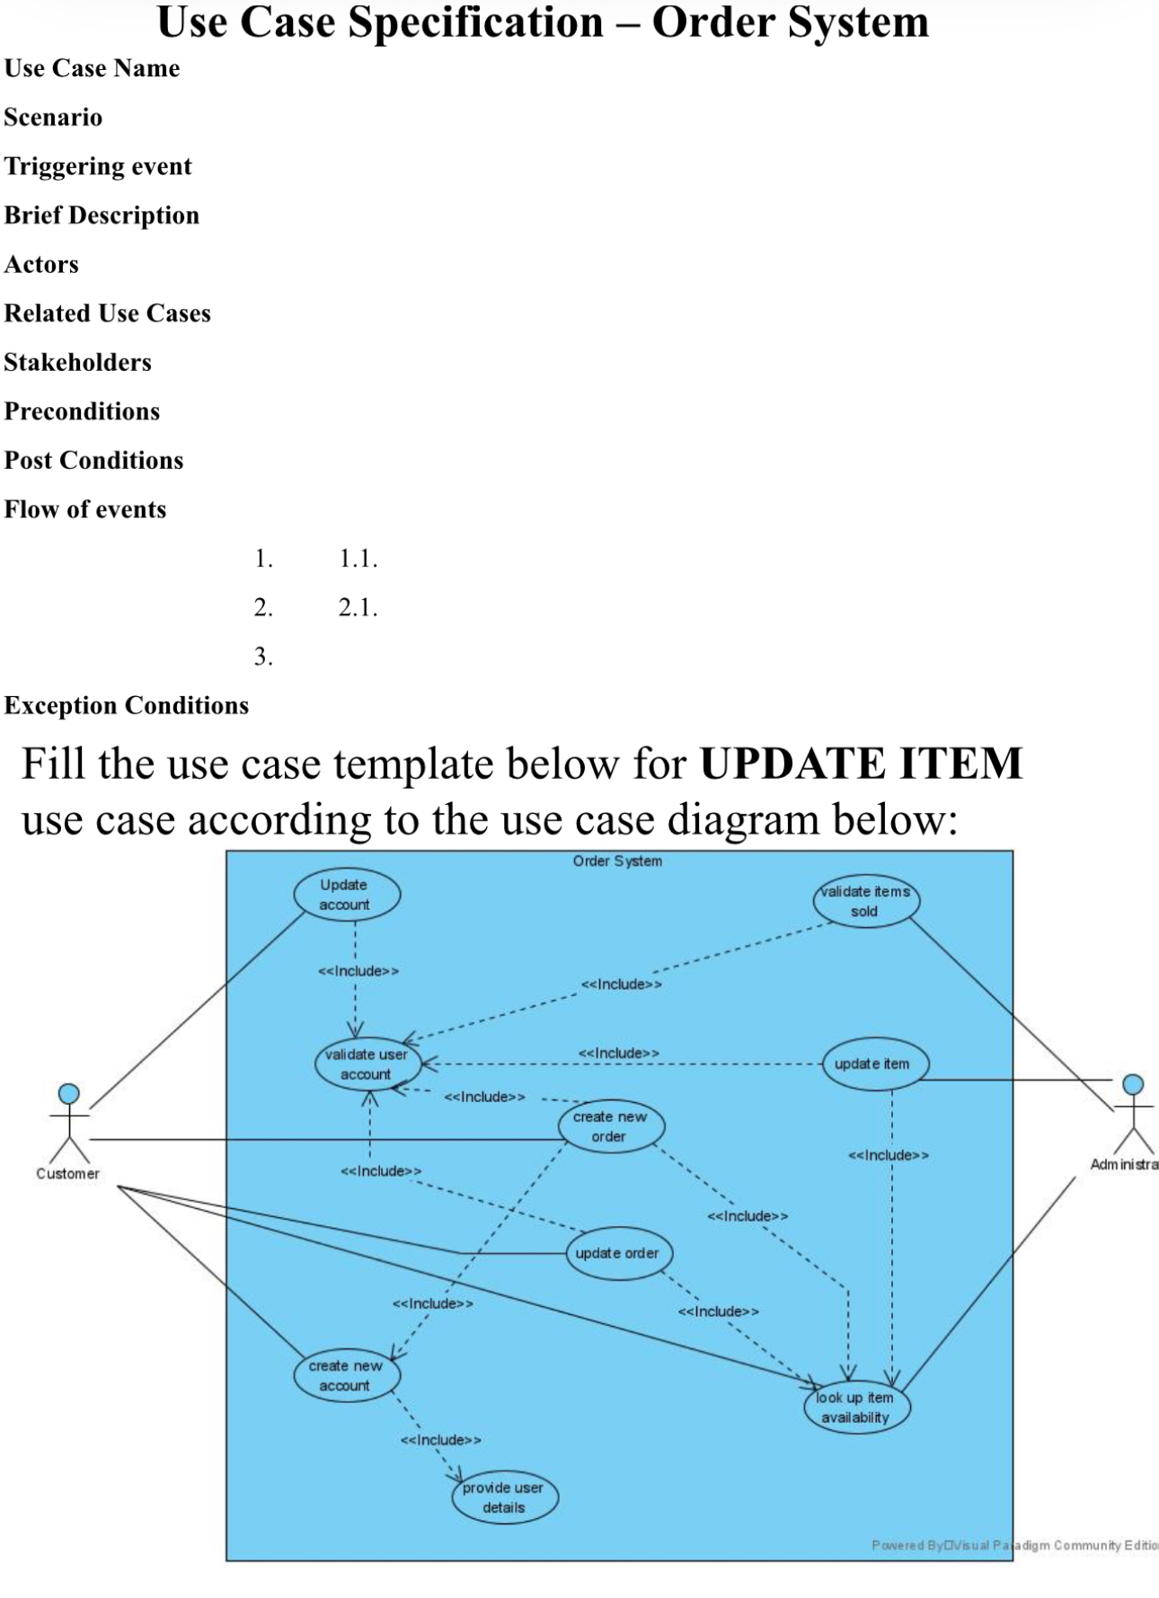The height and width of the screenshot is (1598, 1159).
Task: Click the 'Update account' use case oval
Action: pyautogui.click(x=347, y=895)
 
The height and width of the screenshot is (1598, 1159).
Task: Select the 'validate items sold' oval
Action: pyautogui.click(x=866, y=901)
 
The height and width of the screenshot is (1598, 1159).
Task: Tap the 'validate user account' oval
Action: pyautogui.click(x=367, y=1064)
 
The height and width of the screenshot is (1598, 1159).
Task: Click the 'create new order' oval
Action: pyautogui.click(x=611, y=1126)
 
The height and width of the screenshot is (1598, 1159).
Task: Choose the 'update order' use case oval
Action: pyautogui.click(x=618, y=1253)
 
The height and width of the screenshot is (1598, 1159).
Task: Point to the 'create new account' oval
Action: pyautogui.click(x=347, y=1375)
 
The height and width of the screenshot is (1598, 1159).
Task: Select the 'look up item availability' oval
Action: pyautogui.click(x=856, y=1408)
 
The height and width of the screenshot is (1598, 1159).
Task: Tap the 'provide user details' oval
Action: pyautogui.click(x=504, y=1497)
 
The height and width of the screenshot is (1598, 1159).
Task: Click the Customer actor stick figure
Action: pyautogui.click(x=69, y=1124)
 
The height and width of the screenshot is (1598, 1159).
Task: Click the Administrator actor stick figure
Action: pyautogui.click(x=1133, y=1114)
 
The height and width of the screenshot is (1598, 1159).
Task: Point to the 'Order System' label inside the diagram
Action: pyautogui.click(x=617, y=861)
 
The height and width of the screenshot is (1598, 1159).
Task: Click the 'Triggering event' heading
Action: pyautogui.click(x=98, y=167)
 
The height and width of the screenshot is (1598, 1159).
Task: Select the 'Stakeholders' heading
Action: pyautogui.click(x=78, y=363)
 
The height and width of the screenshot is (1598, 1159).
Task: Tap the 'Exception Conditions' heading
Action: pyautogui.click(x=127, y=706)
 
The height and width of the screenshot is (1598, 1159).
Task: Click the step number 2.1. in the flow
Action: pyautogui.click(x=358, y=608)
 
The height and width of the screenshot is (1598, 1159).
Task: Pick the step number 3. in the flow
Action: pyautogui.click(x=263, y=657)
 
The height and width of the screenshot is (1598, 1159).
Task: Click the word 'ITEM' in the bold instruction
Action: pyautogui.click(x=956, y=764)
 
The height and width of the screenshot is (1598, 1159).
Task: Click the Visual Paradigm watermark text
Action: pyautogui.click(x=1013, y=1545)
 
